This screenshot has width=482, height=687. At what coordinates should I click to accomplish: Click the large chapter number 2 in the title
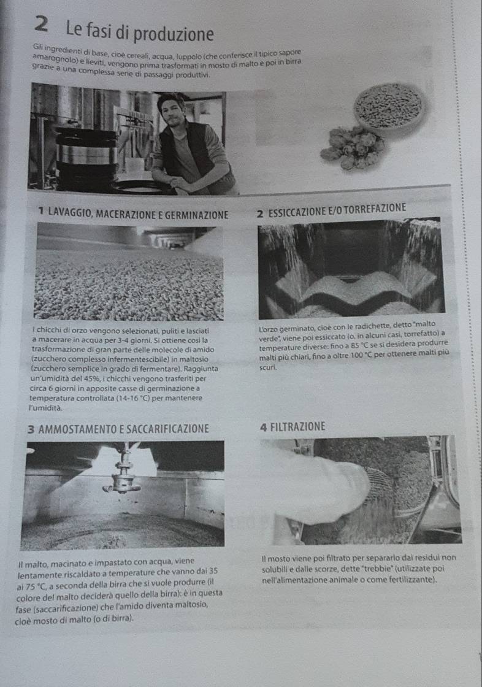pyautogui.click(x=40, y=25)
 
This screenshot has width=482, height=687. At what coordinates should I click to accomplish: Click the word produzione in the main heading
pyautogui.click(x=174, y=34)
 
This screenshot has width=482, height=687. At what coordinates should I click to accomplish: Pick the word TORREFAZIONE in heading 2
pyautogui.click(x=375, y=209)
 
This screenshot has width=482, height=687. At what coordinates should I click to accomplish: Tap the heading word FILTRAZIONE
pyautogui.click(x=298, y=427)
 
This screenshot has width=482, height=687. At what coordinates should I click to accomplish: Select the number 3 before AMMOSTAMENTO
pyautogui.click(x=31, y=429)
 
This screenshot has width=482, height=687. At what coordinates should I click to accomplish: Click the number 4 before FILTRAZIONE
pyautogui.click(x=263, y=427)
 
